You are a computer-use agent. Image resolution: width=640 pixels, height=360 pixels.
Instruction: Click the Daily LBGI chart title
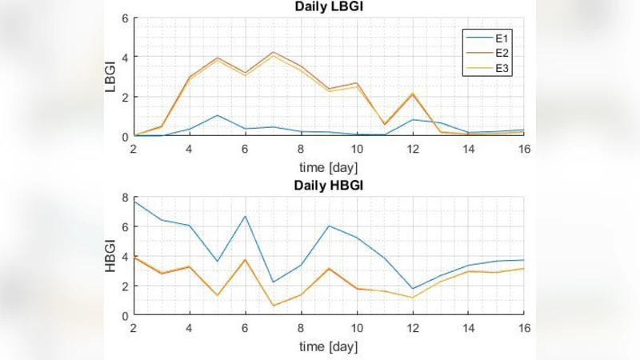(x=329, y=8)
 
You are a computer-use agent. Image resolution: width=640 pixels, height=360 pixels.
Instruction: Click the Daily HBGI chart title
(x=329, y=186)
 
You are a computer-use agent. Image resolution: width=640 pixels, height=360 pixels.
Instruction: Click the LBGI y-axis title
(x=111, y=77)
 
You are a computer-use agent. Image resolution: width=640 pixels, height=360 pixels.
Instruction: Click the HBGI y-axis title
(x=111, y=256)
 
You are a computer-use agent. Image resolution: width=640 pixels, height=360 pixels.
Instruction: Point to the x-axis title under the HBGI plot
(x=329, y=346)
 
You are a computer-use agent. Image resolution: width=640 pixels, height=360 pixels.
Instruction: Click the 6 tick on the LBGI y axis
(x=125, y=18)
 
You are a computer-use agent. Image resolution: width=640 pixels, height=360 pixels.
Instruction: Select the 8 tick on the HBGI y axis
(x=125, y=197)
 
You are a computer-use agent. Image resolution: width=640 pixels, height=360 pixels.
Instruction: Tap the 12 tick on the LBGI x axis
(x=412, y=149)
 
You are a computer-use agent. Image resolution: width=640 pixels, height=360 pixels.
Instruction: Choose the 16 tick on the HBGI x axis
(x=523, y=328)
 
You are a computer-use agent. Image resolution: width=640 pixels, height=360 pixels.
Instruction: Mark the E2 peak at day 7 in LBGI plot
(x=273, y=53)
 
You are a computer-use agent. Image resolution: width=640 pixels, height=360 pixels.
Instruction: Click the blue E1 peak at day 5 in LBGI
(x=218, y=115)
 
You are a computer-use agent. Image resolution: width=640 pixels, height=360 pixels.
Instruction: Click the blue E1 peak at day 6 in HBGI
(x=246, y=216)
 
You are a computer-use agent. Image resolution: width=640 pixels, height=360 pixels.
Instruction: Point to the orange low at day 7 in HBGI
(x=273, y=306)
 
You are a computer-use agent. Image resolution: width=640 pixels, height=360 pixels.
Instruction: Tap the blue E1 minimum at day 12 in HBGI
(x=412, y=289)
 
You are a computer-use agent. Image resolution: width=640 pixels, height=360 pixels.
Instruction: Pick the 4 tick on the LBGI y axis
(x=125, y=57)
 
